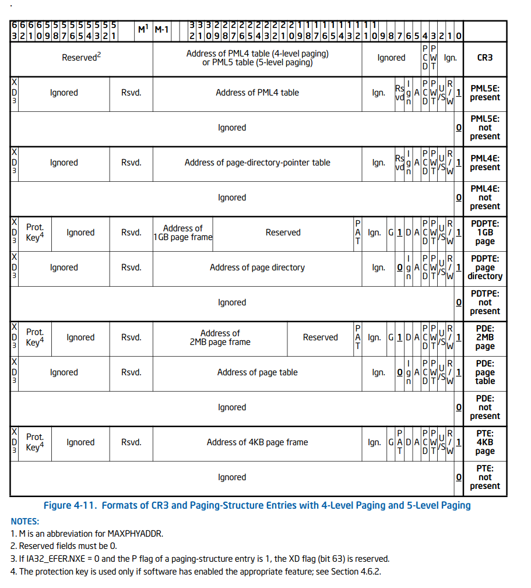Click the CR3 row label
(x=484, y=58)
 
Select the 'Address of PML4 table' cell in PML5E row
(x=257, y=93)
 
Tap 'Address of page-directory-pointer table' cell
(x=257, y=163)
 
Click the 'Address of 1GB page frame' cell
(x=182, y=233)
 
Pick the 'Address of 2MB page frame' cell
(x=220, y=337)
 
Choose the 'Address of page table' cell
(x=257, y=372)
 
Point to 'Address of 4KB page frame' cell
(x=257, y=442)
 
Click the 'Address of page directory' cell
(x=257, y=267)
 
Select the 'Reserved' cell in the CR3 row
(x=82, y=58)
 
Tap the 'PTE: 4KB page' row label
(x=484, y=442)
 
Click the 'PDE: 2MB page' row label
(x=484, y=337)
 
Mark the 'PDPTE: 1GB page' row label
(x=484, y=233)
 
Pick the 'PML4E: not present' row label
(x=484, y=198)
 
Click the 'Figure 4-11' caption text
(x=257, y=505)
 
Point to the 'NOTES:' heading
(x=25, y=521)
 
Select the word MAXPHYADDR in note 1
(x=134, y=534)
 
